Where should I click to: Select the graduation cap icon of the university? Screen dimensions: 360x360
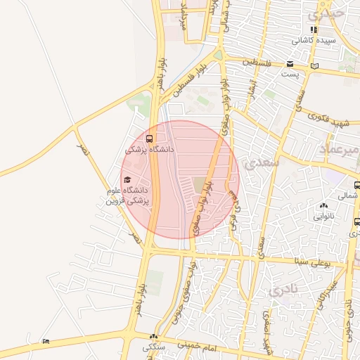[127, 179]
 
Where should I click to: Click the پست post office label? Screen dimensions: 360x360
[289, 73]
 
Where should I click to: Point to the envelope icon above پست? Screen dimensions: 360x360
[289, 64]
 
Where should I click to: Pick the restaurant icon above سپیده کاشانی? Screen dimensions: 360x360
[314, 30]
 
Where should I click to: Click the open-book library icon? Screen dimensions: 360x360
[314, 66]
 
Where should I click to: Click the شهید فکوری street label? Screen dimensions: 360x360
[328, 120]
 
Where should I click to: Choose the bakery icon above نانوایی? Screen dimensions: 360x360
[323, 206]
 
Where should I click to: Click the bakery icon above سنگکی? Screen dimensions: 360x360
[153, 337]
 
